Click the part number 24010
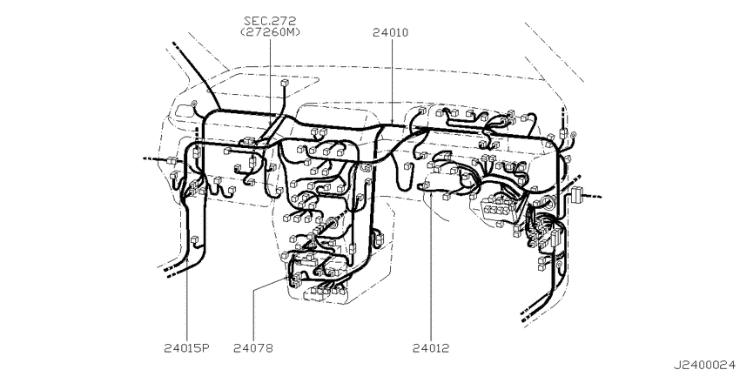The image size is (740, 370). pyautogui.click(x=390, y=33)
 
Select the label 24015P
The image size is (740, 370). pyautogui.click(x=187, y=349)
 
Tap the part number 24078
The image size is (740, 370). pyautogui.click(x=253, y=349)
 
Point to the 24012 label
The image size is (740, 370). pyautogui.click(x=431, y=349)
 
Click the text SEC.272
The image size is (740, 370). pyautogui.click(x=270, y=21)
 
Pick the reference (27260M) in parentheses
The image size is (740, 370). pyautogui.click(x=270, y=32)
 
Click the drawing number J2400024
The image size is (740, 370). pyautogui.click(x=704, y=365)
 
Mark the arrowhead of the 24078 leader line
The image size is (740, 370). pyautogui.click(x=288, y=278)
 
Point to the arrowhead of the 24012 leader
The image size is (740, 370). pyautogui.click(x=431, y=193)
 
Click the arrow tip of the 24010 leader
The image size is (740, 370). pyautogui.click(x=393, y=124)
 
